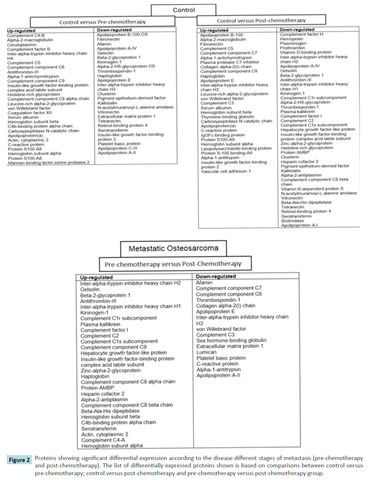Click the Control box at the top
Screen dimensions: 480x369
(184, 10)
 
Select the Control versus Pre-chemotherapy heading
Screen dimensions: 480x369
(102, 22)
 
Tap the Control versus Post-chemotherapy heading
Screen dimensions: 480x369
(261, 20)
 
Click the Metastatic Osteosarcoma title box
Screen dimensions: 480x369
(173, 248)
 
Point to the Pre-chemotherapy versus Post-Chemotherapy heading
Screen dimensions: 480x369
(173, 264)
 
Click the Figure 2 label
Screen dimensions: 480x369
(19, 460)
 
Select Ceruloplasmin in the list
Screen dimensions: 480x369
(22, 44)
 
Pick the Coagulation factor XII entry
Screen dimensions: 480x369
(30, 113)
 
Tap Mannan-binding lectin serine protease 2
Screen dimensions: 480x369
(49, 162)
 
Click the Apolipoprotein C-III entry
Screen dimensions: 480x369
(117, 148)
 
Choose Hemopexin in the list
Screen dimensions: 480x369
(291, 39)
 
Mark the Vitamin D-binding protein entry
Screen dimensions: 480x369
(305, 52)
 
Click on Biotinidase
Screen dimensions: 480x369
(292, 221)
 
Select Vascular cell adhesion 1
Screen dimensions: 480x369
(226, 171)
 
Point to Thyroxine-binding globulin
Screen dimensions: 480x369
(227, 117)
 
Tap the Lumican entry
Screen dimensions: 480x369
(206, 352)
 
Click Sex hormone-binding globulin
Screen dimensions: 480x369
(231, 340)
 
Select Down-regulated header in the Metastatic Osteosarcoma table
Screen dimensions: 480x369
(216, 276)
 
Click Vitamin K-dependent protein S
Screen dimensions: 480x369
(312, 189)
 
